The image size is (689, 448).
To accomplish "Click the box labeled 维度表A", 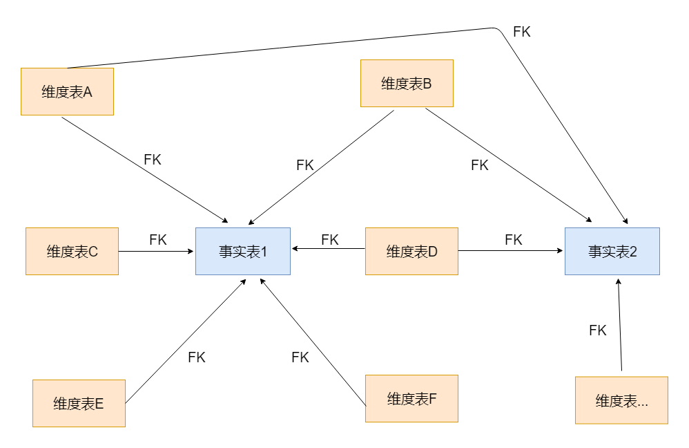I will (x=67, y=91).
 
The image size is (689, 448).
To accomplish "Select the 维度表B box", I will (x=407, y=83).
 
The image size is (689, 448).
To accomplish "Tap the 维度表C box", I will (x=72, y=251).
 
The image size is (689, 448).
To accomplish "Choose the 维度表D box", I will (x=411, y=251).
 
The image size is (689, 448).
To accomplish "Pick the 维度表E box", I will (x=79, y=403).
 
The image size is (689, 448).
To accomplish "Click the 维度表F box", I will (x=411, y=398).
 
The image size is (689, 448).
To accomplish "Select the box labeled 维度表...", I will (x=621, y=400).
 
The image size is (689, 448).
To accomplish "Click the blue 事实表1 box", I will (x=243, y=251).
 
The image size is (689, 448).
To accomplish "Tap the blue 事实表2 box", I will (x=612, y=251).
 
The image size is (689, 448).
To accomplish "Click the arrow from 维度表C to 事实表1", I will (x=157, y=251).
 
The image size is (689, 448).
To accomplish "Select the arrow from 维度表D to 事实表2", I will (x=511, y=251).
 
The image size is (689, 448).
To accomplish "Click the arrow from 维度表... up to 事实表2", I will (x=620, y=325).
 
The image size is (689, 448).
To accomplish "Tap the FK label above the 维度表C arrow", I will (x=157, y=240).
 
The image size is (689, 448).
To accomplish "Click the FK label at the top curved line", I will (x=522, y=31).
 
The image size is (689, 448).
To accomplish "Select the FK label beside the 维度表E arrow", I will (x=197, y=357).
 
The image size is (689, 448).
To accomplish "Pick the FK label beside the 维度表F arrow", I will (x=300, y=357).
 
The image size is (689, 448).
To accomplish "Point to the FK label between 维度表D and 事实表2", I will (x=513, y=240).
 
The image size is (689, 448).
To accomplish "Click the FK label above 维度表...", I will (x=598, y=330).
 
